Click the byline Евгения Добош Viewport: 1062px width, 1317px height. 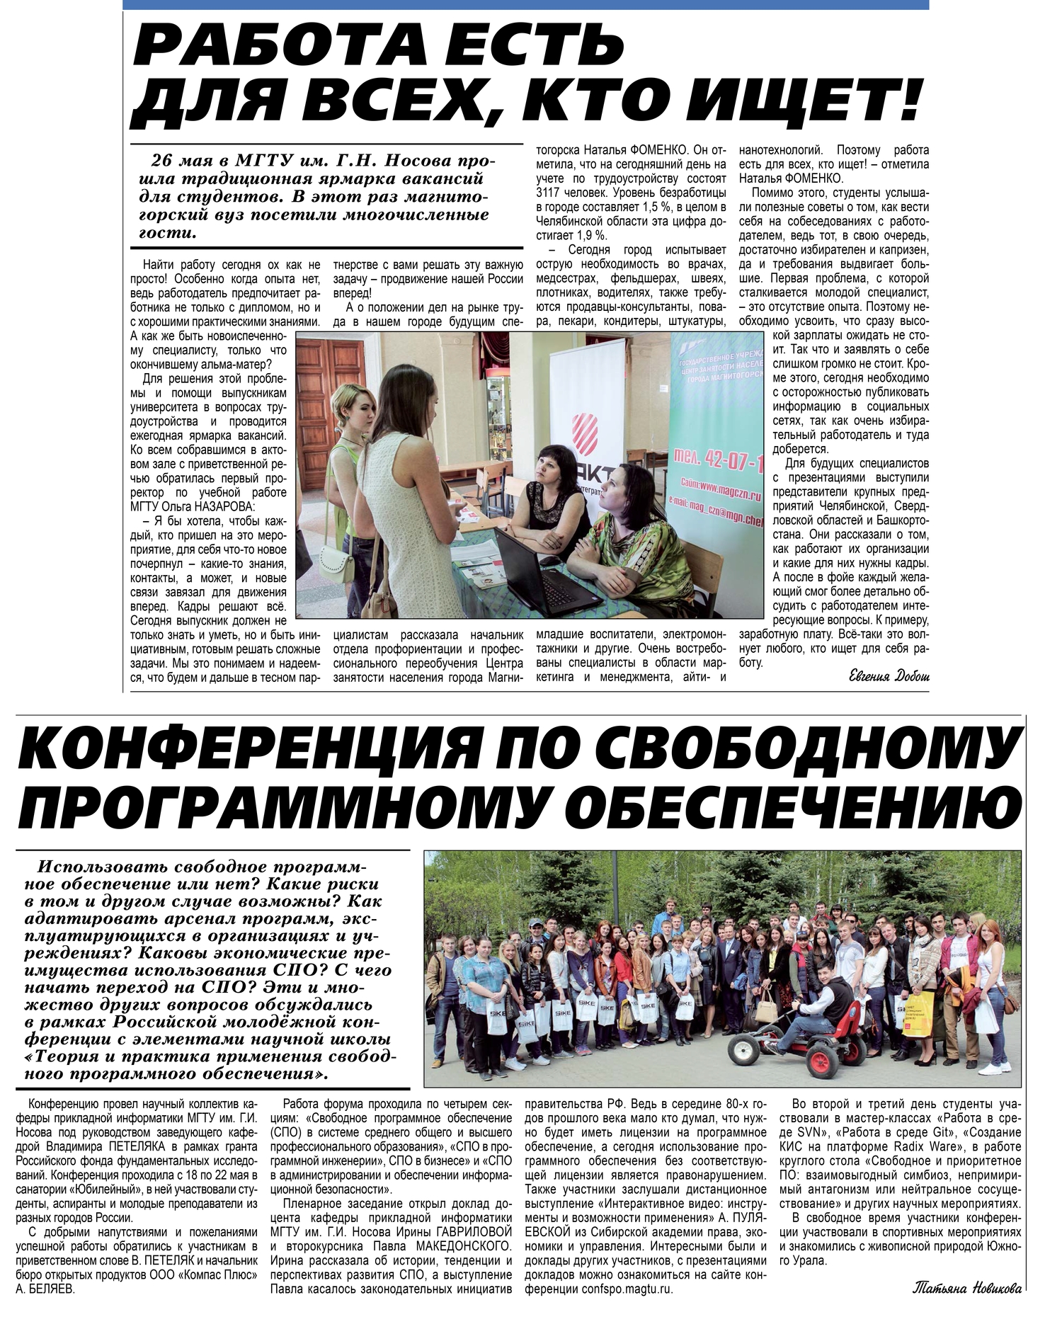tap(889, 676)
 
